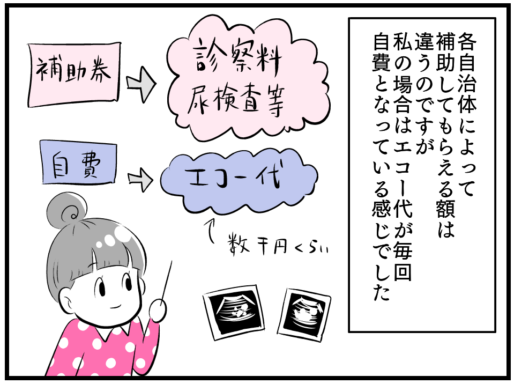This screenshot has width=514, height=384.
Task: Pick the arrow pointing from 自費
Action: pos(141,180)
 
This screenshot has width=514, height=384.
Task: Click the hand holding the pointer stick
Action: pos(157,310)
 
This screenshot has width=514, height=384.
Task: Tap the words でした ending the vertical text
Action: pos(380,276)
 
